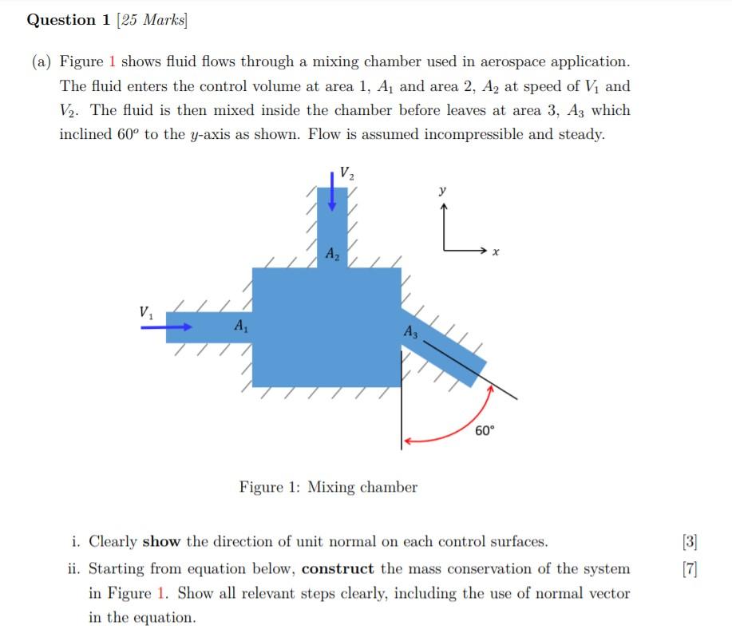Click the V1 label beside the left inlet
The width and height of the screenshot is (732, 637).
(x=146, y=312)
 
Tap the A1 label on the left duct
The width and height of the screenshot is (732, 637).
(x=239, y=326)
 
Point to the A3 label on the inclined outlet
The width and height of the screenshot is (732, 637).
(x=410, y=331)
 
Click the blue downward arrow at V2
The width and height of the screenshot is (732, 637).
(x=332, y=190)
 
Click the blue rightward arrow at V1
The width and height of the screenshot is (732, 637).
(x=167, y=326)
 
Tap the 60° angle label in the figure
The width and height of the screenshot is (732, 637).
(x=485, y=430)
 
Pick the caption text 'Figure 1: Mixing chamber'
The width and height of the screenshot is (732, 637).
(x=328, y=487)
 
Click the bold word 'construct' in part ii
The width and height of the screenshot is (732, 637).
(x=338, y=569)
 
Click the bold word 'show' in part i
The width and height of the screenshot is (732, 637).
(x=162, y=542)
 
